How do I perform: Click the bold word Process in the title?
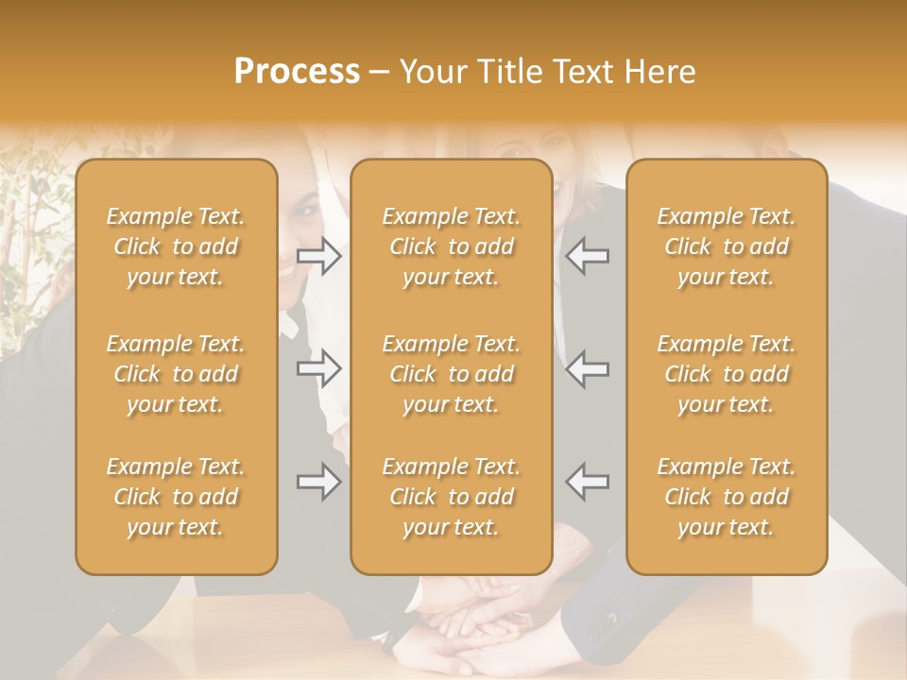point(297,72)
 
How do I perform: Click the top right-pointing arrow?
point(319,256)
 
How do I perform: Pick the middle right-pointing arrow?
point(319,367)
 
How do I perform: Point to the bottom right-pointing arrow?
point(319,482)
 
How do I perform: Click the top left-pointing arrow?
point(588,256)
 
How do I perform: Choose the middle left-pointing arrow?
point(588,367)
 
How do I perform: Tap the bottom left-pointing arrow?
point(588,482)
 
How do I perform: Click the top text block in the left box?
point(176,246)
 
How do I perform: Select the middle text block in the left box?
point(176,374)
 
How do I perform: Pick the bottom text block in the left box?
point(176,497)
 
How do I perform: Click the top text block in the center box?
point(451,246)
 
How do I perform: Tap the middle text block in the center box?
point(451,374)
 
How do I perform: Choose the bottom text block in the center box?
point(451,497)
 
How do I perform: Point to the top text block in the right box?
point(726,246)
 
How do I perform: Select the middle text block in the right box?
point(726,374)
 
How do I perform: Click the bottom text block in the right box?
point(726,497)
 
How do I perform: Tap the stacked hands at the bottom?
point(472,628)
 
